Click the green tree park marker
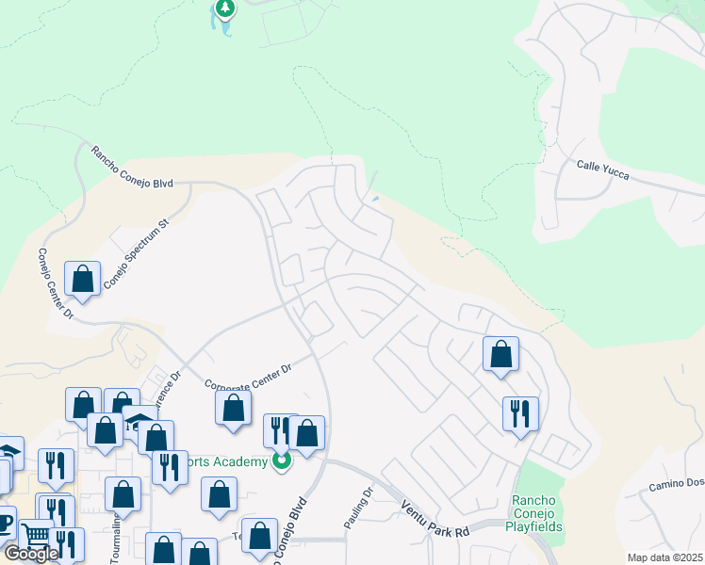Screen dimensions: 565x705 point(225,8)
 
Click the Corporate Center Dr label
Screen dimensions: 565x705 point(248,374)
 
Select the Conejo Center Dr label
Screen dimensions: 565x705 point(56,283)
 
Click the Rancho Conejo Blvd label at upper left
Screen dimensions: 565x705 point(132,167)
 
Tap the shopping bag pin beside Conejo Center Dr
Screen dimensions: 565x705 point(83,279)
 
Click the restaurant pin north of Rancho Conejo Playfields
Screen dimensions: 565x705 point(520,413)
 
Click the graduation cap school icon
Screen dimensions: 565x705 point(139,421)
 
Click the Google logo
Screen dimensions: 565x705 point(31,554)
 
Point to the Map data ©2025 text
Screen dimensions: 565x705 point(664,557)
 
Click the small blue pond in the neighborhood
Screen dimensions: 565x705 point(376,199)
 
